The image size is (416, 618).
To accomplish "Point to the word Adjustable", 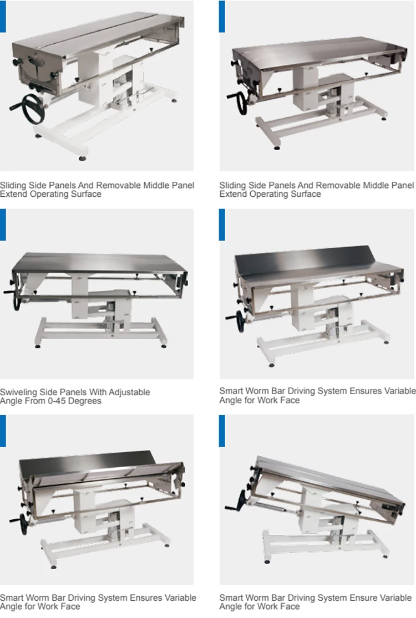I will coord(128,392).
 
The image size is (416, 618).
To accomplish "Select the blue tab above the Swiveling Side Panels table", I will coord(3,224).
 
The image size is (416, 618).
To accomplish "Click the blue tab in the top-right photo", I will coord(222,16).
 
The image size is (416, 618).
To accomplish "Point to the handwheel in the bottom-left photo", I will coord(23,525).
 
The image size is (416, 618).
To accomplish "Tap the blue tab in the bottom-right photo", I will coord(222,431).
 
